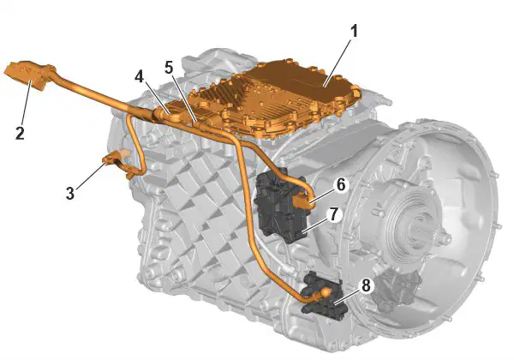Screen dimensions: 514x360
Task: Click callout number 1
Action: point(353,32)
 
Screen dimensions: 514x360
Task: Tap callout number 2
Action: point(20,133)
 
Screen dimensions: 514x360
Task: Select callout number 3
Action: point(70,193)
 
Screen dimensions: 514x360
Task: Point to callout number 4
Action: point(139,77)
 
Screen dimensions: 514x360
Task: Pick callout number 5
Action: point(169,68)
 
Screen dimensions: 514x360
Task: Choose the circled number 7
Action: point(333,215)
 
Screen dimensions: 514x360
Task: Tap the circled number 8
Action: point(366,286)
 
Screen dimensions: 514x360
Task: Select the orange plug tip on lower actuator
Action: point(326,291)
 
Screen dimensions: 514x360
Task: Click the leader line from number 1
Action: point(337,63)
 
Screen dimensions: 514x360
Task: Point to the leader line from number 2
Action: point(27,102)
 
